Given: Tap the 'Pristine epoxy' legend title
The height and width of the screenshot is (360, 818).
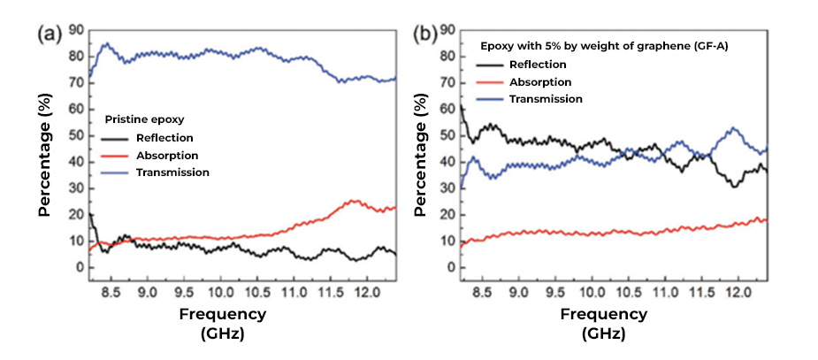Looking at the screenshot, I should click(144, 119).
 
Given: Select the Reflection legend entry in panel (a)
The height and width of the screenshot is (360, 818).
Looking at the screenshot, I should click(164, 138).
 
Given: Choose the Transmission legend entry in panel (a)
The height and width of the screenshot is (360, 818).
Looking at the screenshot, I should click(172, 172).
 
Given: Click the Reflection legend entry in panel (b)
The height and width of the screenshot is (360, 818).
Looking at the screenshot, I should click(537, 65).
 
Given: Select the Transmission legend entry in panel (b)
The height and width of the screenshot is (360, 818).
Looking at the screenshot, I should click(546, 99).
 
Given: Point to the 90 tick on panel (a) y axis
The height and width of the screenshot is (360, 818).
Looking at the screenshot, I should click(75, 31).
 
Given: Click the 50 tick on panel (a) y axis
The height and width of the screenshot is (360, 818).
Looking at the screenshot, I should click(75, 136).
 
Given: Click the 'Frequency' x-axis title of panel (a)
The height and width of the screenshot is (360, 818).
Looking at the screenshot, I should click(223, 314).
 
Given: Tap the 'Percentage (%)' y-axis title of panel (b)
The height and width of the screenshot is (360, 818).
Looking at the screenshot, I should click(421, 159).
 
